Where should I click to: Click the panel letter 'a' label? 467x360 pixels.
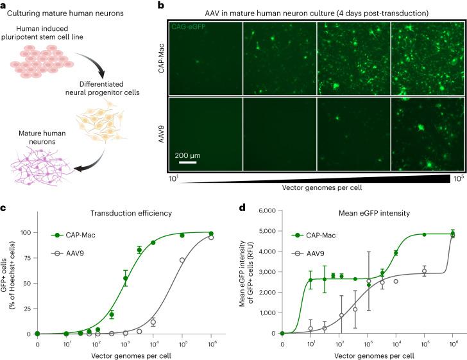4,5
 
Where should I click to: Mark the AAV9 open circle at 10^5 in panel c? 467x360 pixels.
182,260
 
